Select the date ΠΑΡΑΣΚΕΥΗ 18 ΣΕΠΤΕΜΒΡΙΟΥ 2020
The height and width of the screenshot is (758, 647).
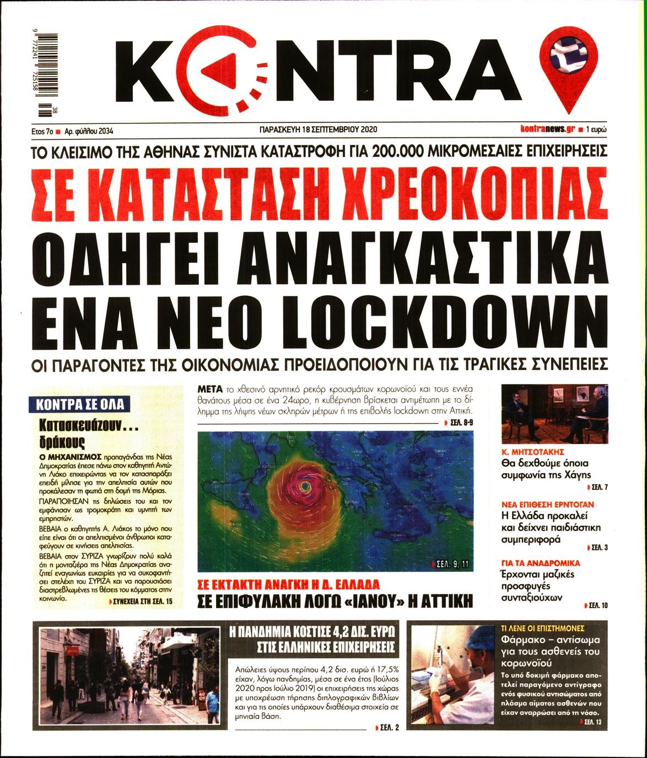coord(318,130)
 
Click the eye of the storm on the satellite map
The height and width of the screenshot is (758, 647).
coord(304,486)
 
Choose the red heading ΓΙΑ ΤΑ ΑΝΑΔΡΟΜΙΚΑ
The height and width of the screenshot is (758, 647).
coord(540,564)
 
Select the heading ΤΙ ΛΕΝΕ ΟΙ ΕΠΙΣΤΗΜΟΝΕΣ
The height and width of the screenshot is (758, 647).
coord(543,628)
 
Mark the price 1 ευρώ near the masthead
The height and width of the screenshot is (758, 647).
coord(596,129)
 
